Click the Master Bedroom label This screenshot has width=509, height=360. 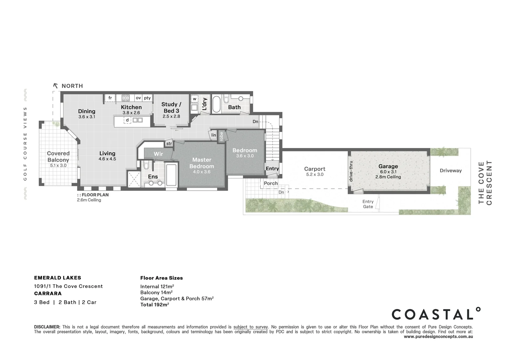pyautogui.click(x=202, y=163)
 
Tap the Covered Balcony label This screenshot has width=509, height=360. pyautogui.click(x=58, y=156)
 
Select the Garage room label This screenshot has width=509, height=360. pyautogui.click(x=388, y=166)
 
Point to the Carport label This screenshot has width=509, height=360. pyautogui.click(x=315, y=169)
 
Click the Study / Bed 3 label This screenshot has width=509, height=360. pyautogui.click(x=171, y=107)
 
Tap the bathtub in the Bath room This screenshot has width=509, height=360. pyautogui.click(x=217, y=104)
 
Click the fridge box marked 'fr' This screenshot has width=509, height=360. pyautogui.click(x=110, y=98)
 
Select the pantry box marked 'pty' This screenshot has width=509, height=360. pyautogui.click(x=147, y=98)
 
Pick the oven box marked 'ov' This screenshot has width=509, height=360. pyautogui.click(x=138, y=98)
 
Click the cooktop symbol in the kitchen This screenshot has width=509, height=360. pyautogui.click(x=126, y=98)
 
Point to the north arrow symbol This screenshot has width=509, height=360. pyautogui.click(x=56, y=86)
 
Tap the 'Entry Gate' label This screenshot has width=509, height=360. pyautogui.click(x=368, y=204)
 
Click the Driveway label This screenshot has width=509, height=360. pyautogui.click(x=450, y=171)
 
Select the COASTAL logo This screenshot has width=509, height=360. pyautogui.click(x=436, y=314)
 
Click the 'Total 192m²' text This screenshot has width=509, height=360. pyautogui.click(x=155, y=305)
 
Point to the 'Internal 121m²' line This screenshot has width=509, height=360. pyautogui.click(x=157, y=287)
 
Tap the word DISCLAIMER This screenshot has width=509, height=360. pyautogui.click(x=47, y=327)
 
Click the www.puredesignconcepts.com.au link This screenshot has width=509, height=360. pyautogui.click(x=438, y=337)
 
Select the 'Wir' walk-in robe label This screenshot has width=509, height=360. pyautogui.click(x=158, y=154)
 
